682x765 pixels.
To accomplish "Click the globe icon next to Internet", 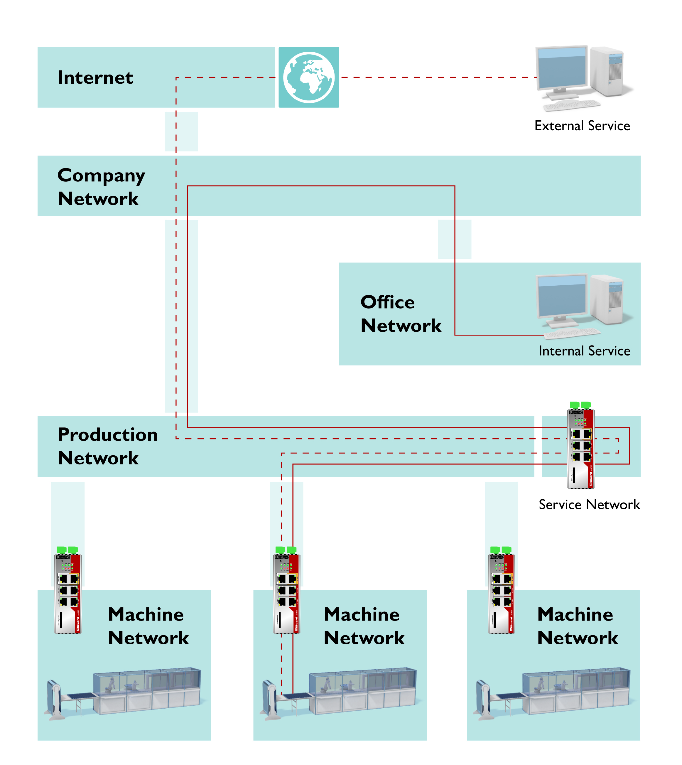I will [308, 77].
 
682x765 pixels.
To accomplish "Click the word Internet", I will [95, 77].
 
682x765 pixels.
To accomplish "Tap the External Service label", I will [582, 126].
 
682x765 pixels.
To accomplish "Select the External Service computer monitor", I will [561, 69].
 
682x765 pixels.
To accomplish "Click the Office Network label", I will [401, 314].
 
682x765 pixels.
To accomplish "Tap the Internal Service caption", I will [584, 351].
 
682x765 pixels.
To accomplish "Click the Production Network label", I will [107, 446].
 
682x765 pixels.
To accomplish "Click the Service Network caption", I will [589, 505].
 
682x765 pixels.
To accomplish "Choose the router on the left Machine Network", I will [68, 590].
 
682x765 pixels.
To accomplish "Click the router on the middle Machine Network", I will [286, 590].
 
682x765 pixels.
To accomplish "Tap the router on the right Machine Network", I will [502, 590].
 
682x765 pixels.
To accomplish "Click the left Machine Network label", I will [148, 626].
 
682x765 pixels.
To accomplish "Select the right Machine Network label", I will [577, 626].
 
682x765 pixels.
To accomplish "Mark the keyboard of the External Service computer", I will [571, 105].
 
